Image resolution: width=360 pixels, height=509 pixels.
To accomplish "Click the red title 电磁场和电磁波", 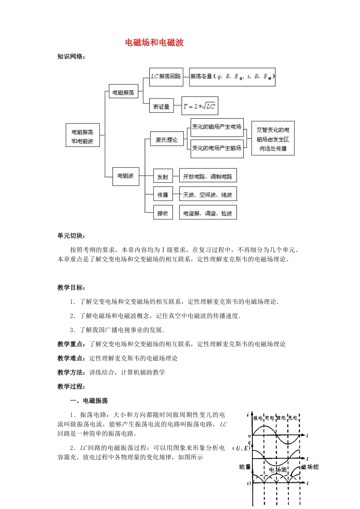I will click(154, 42).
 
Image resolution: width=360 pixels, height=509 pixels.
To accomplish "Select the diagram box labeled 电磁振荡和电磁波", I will click(83, 137).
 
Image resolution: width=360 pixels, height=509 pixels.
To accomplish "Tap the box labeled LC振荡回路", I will click(166, 77).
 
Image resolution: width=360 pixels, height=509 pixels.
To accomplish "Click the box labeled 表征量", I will click(161, 107).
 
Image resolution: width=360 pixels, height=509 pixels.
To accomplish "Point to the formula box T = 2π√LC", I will click(200, 106).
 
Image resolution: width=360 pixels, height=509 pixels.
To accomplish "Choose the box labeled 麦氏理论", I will click(167, 140).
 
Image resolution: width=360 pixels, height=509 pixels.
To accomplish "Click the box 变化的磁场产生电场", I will click(216, 127).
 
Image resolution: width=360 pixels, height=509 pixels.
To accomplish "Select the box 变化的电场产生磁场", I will click(216, 148).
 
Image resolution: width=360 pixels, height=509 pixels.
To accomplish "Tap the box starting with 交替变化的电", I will click(273, 139).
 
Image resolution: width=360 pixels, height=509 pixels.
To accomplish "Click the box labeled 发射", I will click(163, 177).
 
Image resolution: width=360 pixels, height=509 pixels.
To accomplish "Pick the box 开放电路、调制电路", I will click(208, 176).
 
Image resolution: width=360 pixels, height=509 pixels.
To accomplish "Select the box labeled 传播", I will click(163, 195).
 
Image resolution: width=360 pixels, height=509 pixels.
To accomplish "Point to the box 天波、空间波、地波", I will click(208, 195).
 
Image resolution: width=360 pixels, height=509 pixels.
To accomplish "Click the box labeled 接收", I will click(163, 213).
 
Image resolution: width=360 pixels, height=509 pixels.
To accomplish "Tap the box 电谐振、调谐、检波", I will click(208, 213).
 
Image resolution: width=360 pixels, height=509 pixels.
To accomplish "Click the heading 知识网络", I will click(71, 57).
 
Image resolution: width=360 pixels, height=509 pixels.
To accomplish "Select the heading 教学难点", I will click(70, 358).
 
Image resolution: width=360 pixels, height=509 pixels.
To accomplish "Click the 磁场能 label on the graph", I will click(310, 467).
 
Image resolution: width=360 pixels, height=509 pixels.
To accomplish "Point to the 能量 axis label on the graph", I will click(245, 467).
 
